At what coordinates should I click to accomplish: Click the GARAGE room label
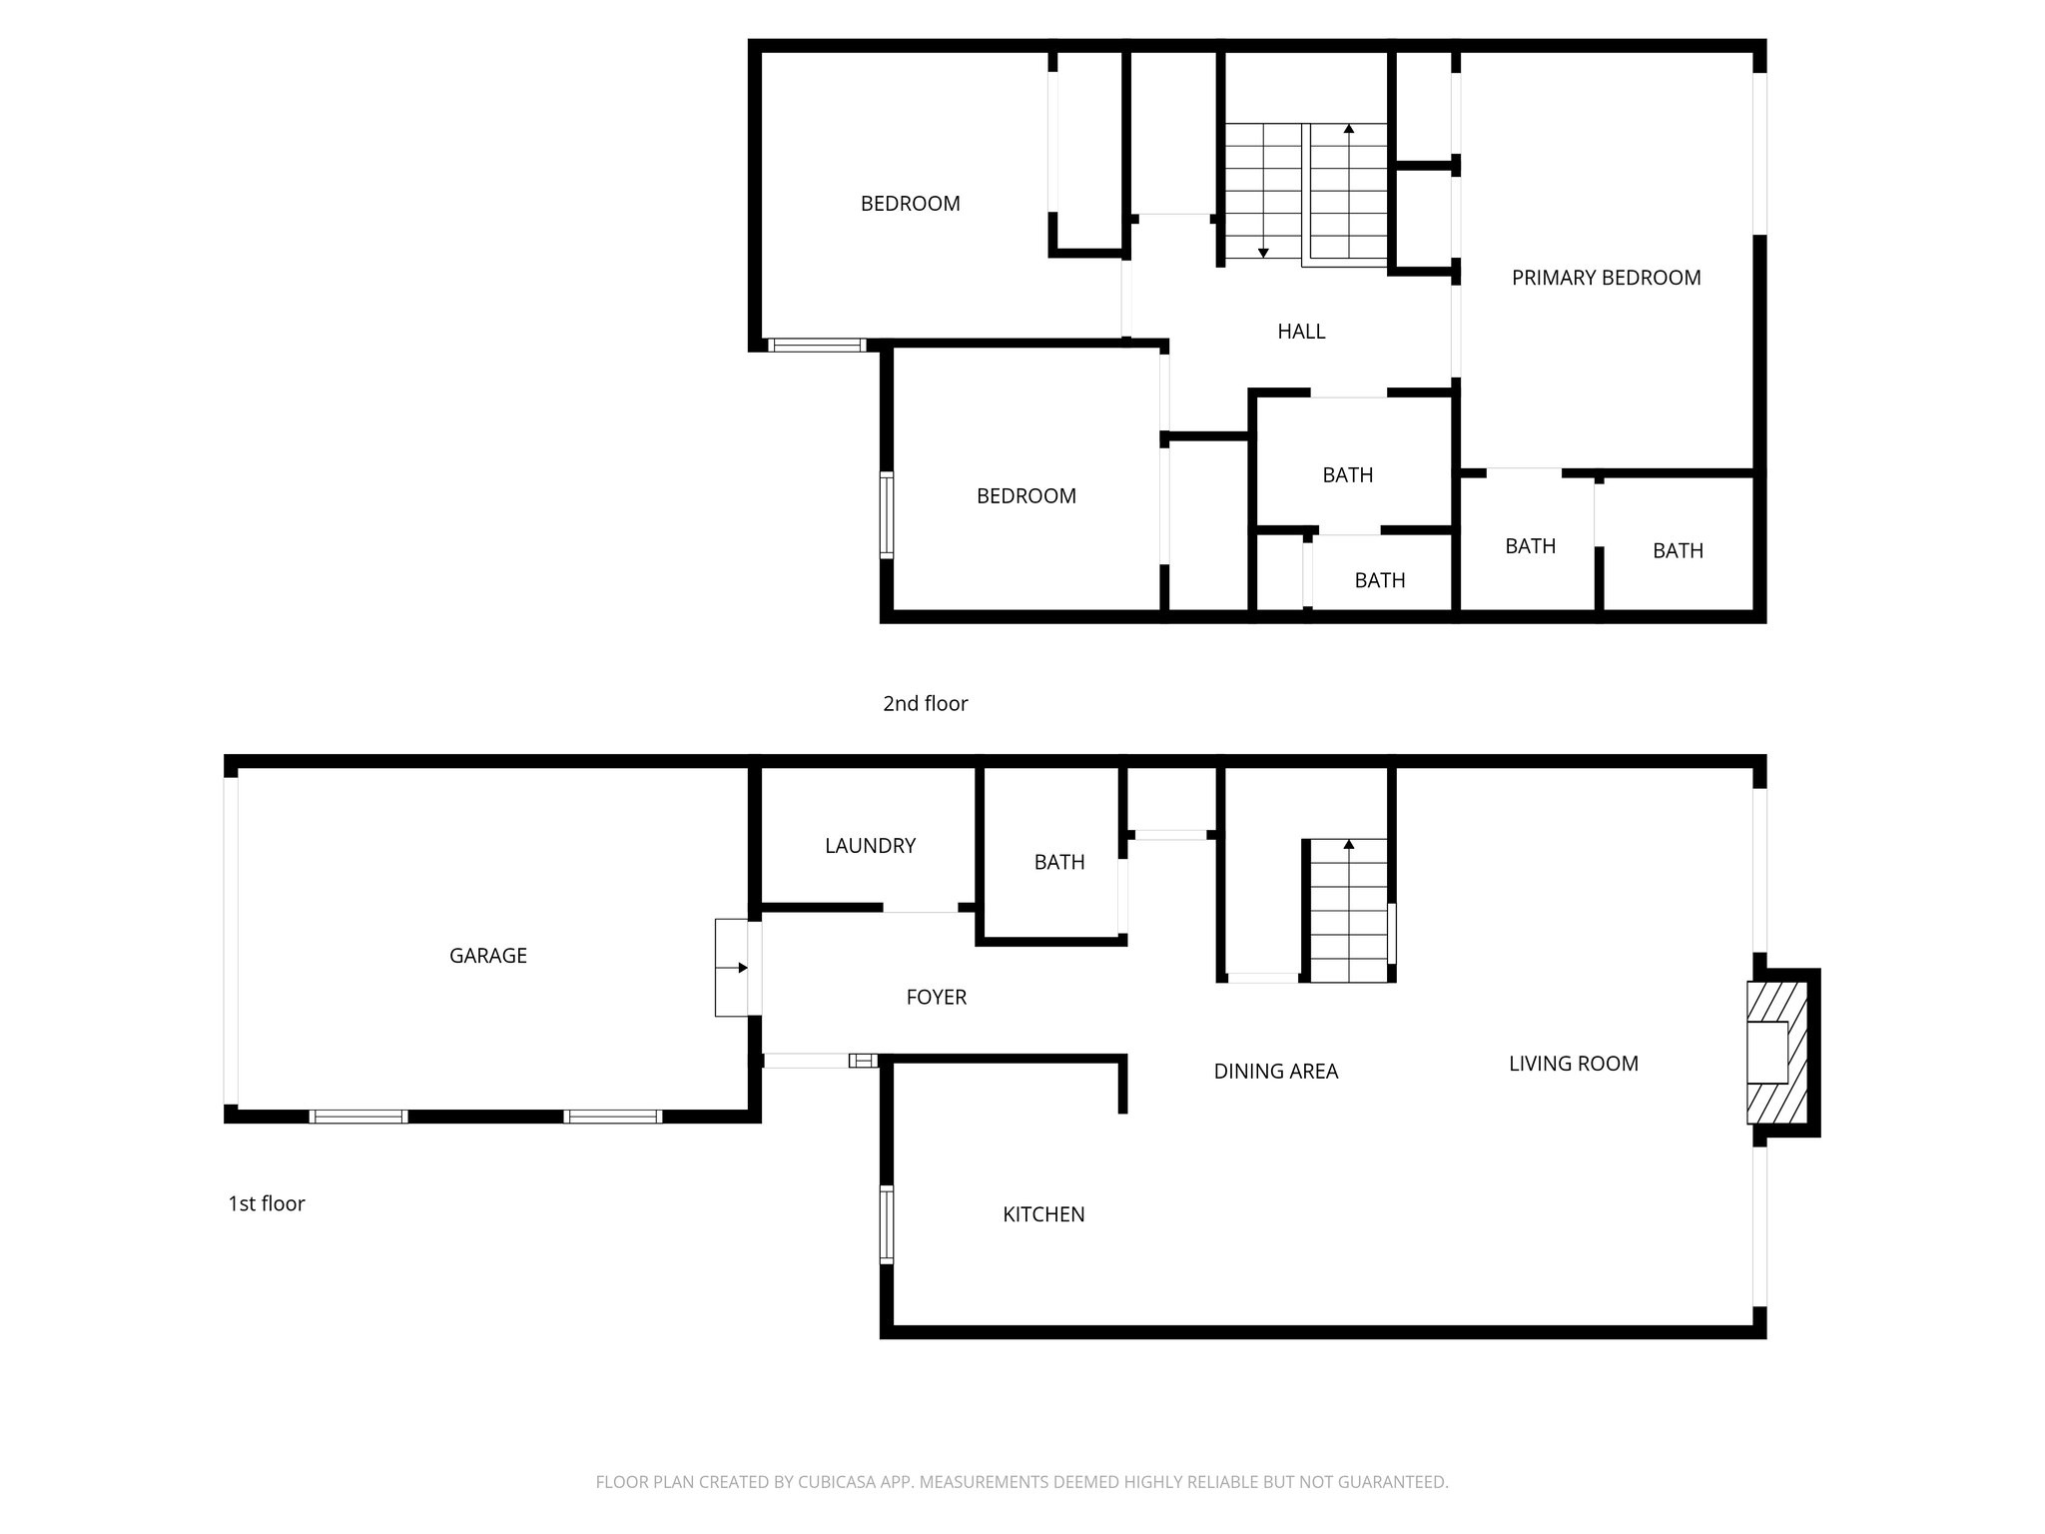coord(487,956)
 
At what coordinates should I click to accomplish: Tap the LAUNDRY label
coord(870,846)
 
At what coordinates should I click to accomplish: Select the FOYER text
coord(936,997)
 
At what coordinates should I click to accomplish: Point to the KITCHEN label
coord(1043,1214)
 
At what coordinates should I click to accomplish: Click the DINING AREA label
coord(1275,1072)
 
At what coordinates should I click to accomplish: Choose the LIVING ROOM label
coord(1573,1064)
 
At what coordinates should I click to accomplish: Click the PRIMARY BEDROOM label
coord(1606,278)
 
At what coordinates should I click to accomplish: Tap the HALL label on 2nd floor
coord(1301,332)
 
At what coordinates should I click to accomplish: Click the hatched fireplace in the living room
coord(1776,1053)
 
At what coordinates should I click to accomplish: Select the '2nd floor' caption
coord(925,704)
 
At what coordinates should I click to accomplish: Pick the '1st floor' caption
coord(266,1204)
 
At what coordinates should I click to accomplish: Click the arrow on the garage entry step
coord(741,968)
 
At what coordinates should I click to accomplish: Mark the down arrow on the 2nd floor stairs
coord(1263,253)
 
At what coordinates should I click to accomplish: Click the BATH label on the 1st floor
coord(1058,862)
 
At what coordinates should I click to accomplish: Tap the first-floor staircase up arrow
coord(1349,845)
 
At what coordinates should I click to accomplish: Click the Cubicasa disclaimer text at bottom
coord(1022,1482)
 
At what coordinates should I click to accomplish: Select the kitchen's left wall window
coord(886,1224)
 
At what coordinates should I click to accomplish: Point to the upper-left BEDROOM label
coord(910,204)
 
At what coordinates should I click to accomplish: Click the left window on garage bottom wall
coord(358,1117)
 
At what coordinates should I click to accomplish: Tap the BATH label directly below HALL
coord(1347,475)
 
